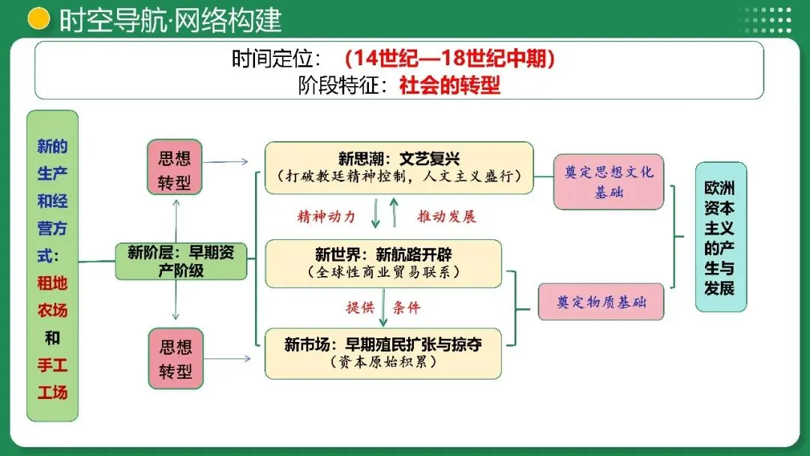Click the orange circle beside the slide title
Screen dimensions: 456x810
pyautogui.click(x=38, y=19)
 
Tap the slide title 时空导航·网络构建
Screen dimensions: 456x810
pyautogui.click(x=170, y=19)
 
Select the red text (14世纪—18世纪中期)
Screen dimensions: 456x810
pyautogui.click(x=450, y=59)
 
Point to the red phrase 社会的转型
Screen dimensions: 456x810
pyautogui.click(x=449, y=85)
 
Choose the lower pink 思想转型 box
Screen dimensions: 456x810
pyautogui.click(x=175, y=358)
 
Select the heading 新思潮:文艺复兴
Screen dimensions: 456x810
pyautogui.click(x=398, y=159)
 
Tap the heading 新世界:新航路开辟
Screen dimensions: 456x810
pyautogui.click(x=383, y=254)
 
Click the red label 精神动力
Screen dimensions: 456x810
pyautogui.click(x=326, y=217)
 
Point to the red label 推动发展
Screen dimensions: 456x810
pyautogui.click(x=446, y=217)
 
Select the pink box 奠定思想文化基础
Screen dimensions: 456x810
pyautogui.click(x=609, y=181)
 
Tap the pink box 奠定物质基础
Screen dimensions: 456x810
pyautogui.click(x=601, y=301)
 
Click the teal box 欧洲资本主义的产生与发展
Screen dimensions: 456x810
pyautogui.click(x=721, y=236)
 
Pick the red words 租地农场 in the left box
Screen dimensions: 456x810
pyautogui.click(x=52, y=296)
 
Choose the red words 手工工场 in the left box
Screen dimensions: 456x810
pyautogui.click(x=52, y=379)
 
